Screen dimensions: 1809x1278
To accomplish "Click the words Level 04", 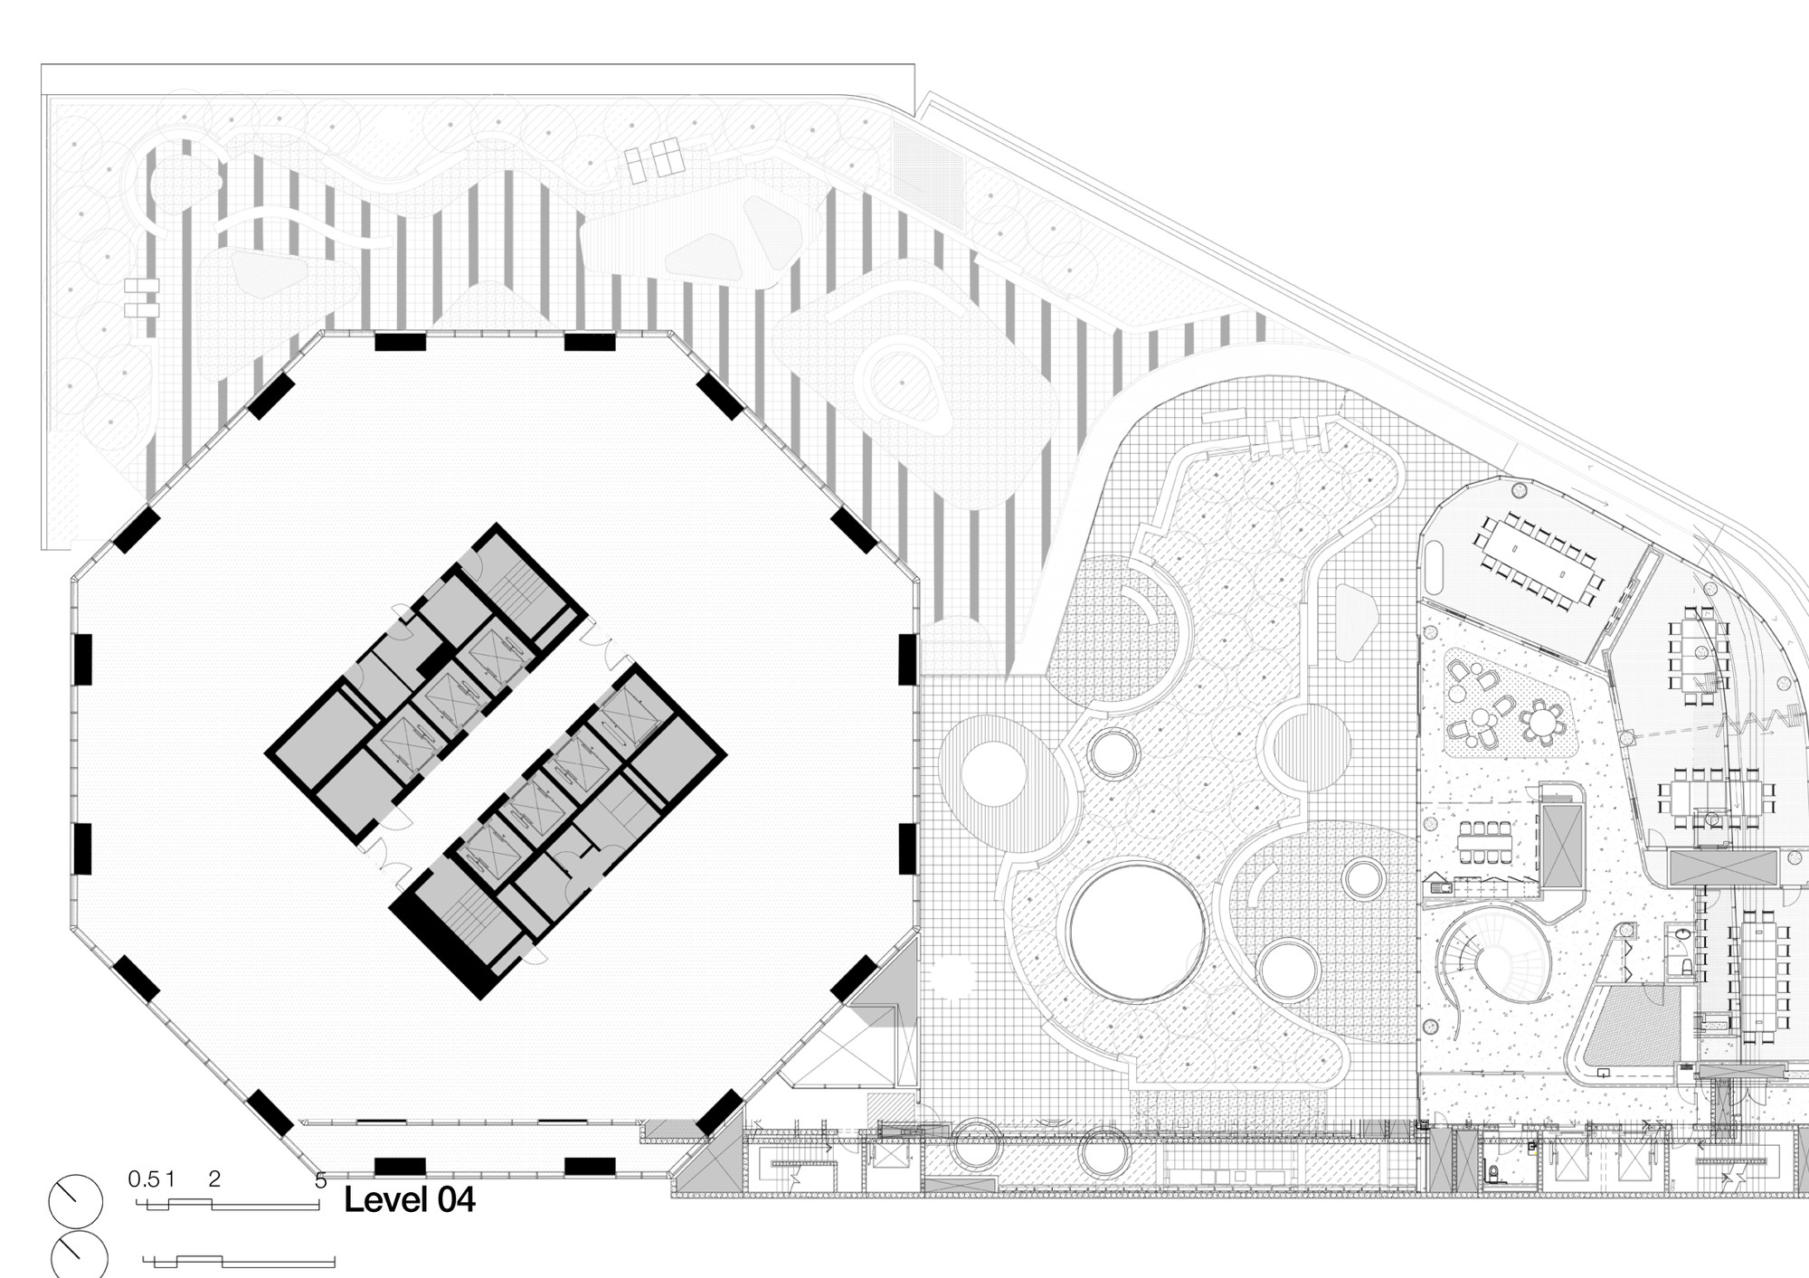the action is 410,1200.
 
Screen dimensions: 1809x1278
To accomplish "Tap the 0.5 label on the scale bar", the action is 144,1179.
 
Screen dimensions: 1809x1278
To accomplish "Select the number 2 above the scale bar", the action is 214,1179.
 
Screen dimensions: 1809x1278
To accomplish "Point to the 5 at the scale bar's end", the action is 320,1181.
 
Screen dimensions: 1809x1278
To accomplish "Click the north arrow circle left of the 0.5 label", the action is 76,1202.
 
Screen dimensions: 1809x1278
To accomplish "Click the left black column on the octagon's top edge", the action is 400,342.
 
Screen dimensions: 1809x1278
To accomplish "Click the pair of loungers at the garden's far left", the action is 142,298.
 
